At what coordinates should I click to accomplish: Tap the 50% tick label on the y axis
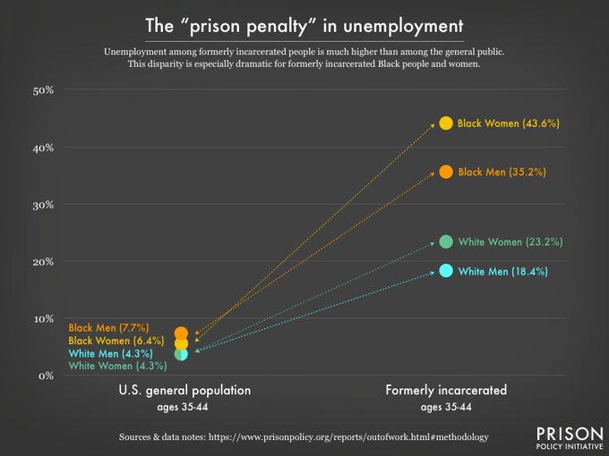[45, 90]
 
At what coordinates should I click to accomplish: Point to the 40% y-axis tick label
[45, 148]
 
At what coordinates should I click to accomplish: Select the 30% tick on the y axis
[45, 205]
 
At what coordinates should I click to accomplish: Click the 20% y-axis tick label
[45, 262]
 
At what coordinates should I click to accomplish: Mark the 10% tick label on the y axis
[45, 318]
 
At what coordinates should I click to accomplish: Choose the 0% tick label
[47, 376]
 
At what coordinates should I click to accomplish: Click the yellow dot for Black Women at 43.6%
[446, 122]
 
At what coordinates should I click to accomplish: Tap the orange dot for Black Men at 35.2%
[446, 171]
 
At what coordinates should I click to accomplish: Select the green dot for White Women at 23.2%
[446, 241]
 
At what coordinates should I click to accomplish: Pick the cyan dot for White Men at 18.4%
[446, 271]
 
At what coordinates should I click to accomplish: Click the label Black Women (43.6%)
[509, 123]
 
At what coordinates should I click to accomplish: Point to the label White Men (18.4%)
[502, 271]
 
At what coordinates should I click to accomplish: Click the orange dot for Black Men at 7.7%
[181, 333]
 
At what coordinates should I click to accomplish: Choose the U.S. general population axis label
[184, 391]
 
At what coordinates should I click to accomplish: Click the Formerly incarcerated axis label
[446, 391]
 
